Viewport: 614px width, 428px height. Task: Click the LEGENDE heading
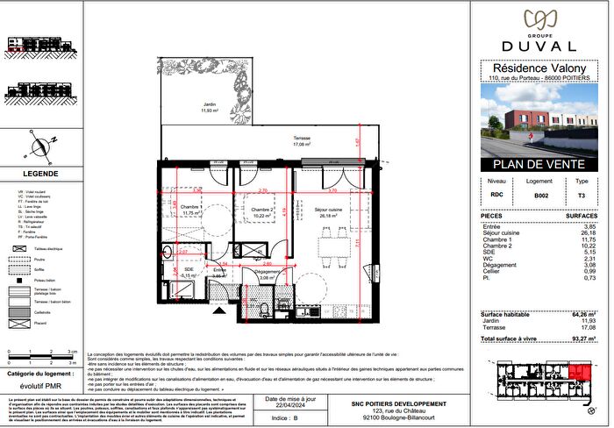coord(40,174)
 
